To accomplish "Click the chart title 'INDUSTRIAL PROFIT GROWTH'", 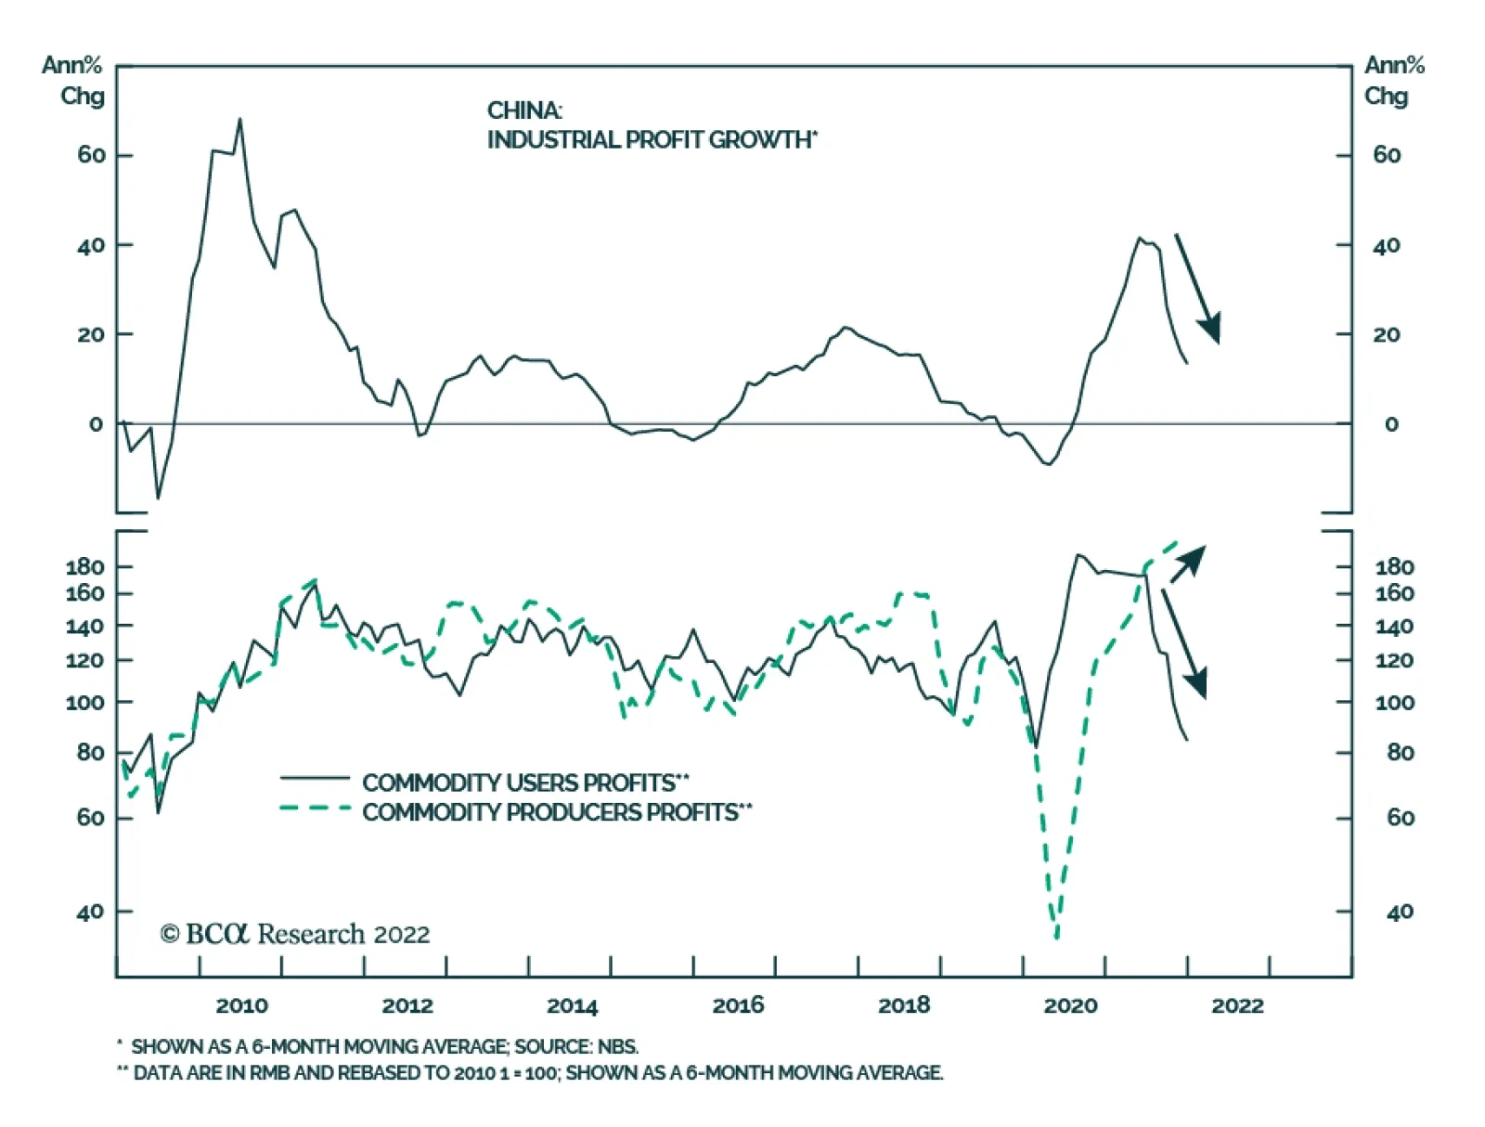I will [650, 140].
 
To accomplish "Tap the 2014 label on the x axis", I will [573, 1005].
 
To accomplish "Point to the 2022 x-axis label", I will [1237, 1005].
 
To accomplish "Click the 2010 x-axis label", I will [241, 1005].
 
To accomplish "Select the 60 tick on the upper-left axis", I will [91, 155].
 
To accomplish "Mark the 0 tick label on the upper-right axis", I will [1390, 424].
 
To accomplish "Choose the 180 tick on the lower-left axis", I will [84, 566].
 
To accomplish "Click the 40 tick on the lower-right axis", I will [1400, 913].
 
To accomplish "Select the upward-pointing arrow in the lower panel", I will [1188, 563].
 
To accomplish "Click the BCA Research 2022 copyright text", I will [295, 934].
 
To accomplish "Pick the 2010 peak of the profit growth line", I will [239, 119].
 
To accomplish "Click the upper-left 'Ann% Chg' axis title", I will [72, 81].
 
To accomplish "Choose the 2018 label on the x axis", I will [904, 1005].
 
